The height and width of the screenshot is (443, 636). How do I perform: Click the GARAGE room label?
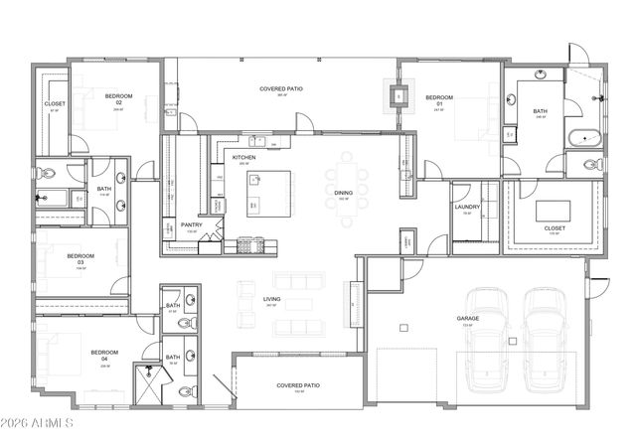click(467, 319)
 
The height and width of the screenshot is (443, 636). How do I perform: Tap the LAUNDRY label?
click(468, 208)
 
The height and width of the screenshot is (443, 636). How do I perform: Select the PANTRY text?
click(192, 225)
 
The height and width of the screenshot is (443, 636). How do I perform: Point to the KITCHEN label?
click(244, 158)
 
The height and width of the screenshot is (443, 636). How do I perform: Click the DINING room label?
click(342, 194)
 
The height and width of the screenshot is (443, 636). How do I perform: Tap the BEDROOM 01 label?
click(438, 99)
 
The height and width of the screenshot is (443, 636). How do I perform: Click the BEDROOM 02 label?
click(118, 99)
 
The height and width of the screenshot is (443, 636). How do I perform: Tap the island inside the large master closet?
click(554, 210)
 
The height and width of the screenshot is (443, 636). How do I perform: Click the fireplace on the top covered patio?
click(399, 96)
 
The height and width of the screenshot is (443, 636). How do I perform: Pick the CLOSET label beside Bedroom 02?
click(54, 104)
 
